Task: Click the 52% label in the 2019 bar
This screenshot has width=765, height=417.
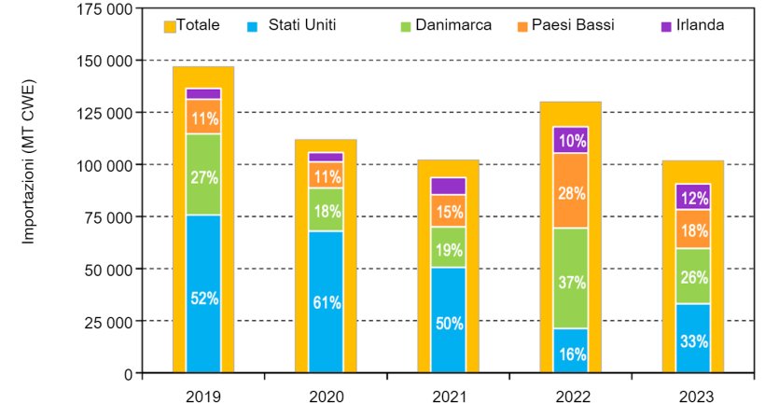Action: pyautogui.click(x=203, y=299)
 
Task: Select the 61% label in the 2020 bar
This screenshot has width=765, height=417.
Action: pyautogui.click(x=326, y=303)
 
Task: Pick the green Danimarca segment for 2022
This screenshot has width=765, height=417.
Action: pyautogui.click(x=570, y=278)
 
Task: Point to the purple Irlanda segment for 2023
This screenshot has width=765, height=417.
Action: pyautogui.click(x=692, y=197)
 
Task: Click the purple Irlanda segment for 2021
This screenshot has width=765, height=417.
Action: pyautogui.click(x=448, y=186)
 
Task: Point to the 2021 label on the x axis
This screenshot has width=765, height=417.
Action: pyautogui.click(x=448, y=396)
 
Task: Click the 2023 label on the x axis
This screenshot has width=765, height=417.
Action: pyautogui.click(x=692, y=396)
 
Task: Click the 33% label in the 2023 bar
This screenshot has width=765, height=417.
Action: pyautogui.click(x=692, y=341)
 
